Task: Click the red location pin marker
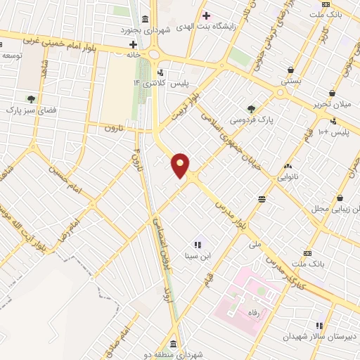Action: click(181, 165)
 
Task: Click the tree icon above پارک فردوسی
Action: click(252, 108)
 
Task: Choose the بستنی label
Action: click(291, 82)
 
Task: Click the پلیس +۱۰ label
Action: click(333, 133)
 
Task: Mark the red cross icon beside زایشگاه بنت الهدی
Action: click(206, 15)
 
